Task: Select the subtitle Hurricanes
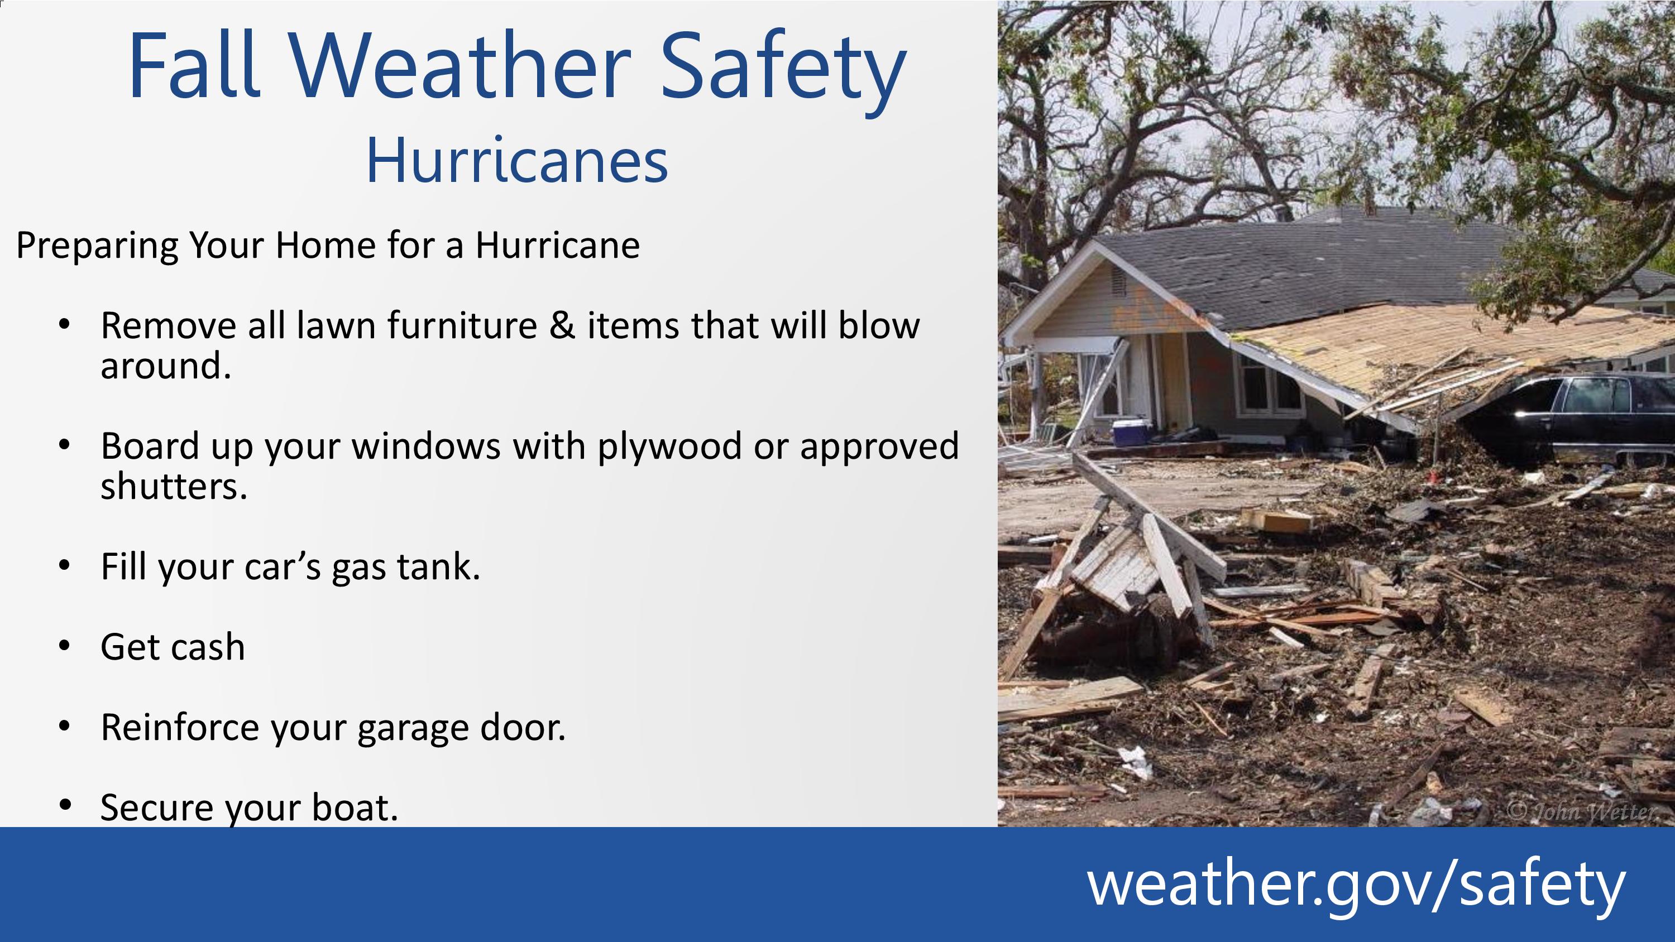[x=517, y=161]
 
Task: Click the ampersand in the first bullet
[x=562, y=325]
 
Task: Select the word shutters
[x=174, y=486]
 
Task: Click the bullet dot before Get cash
[x=64, y=646]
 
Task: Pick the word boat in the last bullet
[x=355, y=807]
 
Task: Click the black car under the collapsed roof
[x=1567, y=416]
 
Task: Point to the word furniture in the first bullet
[x=462, y=325]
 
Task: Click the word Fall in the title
[x=194, y=65]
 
